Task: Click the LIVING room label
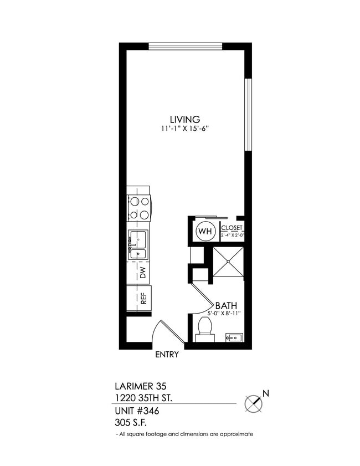(x=184, y=119)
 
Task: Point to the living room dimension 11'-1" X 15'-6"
(x=184, y=129)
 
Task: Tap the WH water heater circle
(x=204, y=231)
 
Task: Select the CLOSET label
(x=232, y=227)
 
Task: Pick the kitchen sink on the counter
(x=138, y=245)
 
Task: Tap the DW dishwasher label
(x=142, y=273)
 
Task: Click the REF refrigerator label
(x=143, y=298)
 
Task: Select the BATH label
(x=227, y=305)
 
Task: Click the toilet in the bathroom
(x=205, y=329)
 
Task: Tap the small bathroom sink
(x=233, y=337)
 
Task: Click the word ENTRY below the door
(x=167, y=355)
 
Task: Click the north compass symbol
(x=254, y=402)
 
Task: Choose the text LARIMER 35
(x=140, y=386)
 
